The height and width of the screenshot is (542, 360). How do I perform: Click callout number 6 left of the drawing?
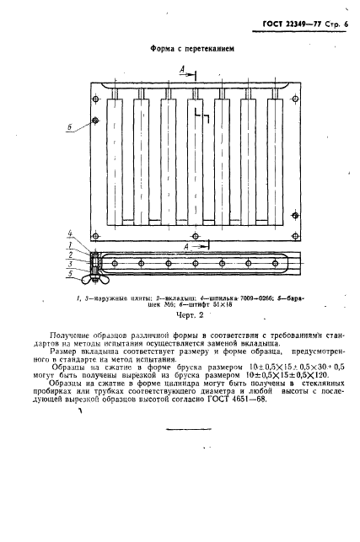click(71, 128)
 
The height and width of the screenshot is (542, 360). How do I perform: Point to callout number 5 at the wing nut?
click(72, 272)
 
